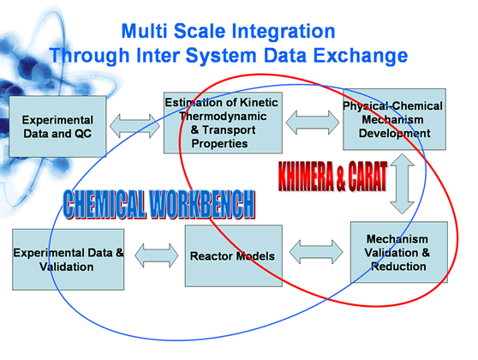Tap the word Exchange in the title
pos(361,55)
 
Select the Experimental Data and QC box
pos(57,127)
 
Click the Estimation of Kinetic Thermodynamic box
pos(223,123)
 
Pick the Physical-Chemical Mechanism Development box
pos(394,119)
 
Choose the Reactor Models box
pos(234,255)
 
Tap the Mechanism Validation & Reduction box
pos(398,252)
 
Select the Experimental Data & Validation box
pos(68,260)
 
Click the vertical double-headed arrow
pos(402,183)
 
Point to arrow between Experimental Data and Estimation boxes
pos(134,126)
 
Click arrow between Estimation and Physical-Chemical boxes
pos(313,123)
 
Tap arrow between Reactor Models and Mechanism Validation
pos(316,252)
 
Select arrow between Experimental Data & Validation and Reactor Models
pos(157,255)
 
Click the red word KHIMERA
pos(306,177)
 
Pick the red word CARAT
pos(367,177)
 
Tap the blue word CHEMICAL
pos(104,204)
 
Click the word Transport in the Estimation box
pos(229,130)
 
